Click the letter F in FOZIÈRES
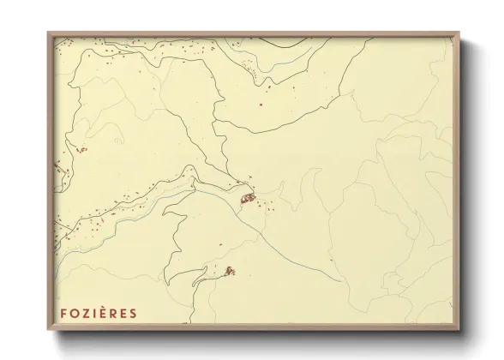click(x=63, y=314)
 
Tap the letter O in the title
click(x=73, y=314)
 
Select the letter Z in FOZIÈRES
click(x=84, y=314)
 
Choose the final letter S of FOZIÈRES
click(x=133, y=314)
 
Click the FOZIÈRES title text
click(x=98, y=314)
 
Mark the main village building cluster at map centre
click(x=248, y=199)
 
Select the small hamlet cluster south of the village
click(x=229, y=271)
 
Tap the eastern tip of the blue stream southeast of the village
click(x=341, y=279)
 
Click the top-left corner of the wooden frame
click(x=49, y=33)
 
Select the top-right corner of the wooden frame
click(x=459, y=33)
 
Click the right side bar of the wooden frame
click(x=457, y=180)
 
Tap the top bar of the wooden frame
click(x=254, y=34)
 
